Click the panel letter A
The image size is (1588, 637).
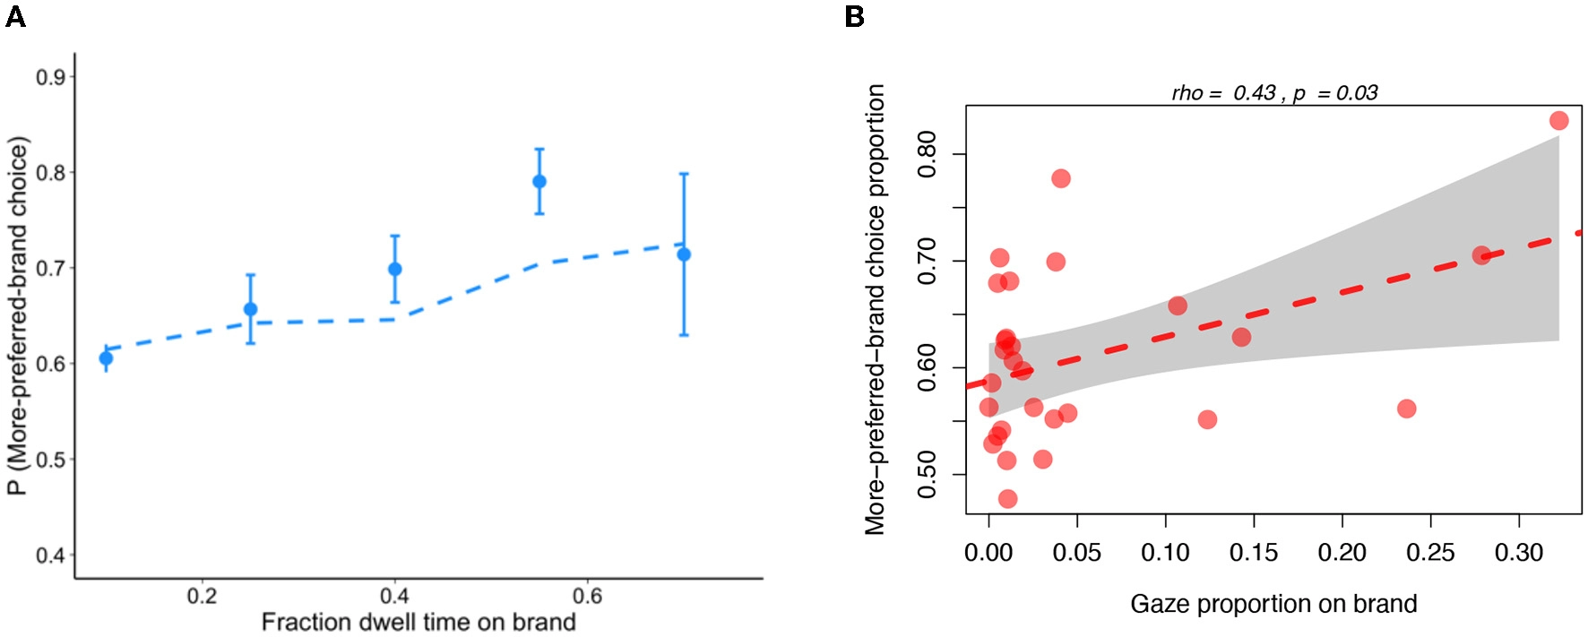(15, 17)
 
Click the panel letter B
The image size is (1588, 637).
(854, 17)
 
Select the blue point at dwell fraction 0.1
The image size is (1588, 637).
(106, 358)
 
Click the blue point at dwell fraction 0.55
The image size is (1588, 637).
(539, 181)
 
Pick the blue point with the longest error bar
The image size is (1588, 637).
(684, 254)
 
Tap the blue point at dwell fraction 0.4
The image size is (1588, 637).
(395, 269)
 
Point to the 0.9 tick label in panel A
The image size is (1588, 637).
(51, 77)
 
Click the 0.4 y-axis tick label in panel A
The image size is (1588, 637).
(51, 555)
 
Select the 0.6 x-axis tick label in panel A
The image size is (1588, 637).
(587, 596)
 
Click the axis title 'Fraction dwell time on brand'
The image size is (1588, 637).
(419, 622)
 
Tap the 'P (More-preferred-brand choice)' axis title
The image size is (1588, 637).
(19, 315)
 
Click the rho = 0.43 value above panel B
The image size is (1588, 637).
(1224, 93)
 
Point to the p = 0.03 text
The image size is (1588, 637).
(1335, 93)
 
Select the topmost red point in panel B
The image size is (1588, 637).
(1558, 120)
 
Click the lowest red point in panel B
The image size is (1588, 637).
(1007, 498)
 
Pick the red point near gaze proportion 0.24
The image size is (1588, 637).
(1406, 409)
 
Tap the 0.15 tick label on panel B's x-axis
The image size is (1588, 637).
(1253, 553)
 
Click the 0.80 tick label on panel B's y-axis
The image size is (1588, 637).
(928, 154)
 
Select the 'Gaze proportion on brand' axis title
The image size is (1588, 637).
(1273, 604)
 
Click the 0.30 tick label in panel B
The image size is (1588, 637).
(1519, 553)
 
